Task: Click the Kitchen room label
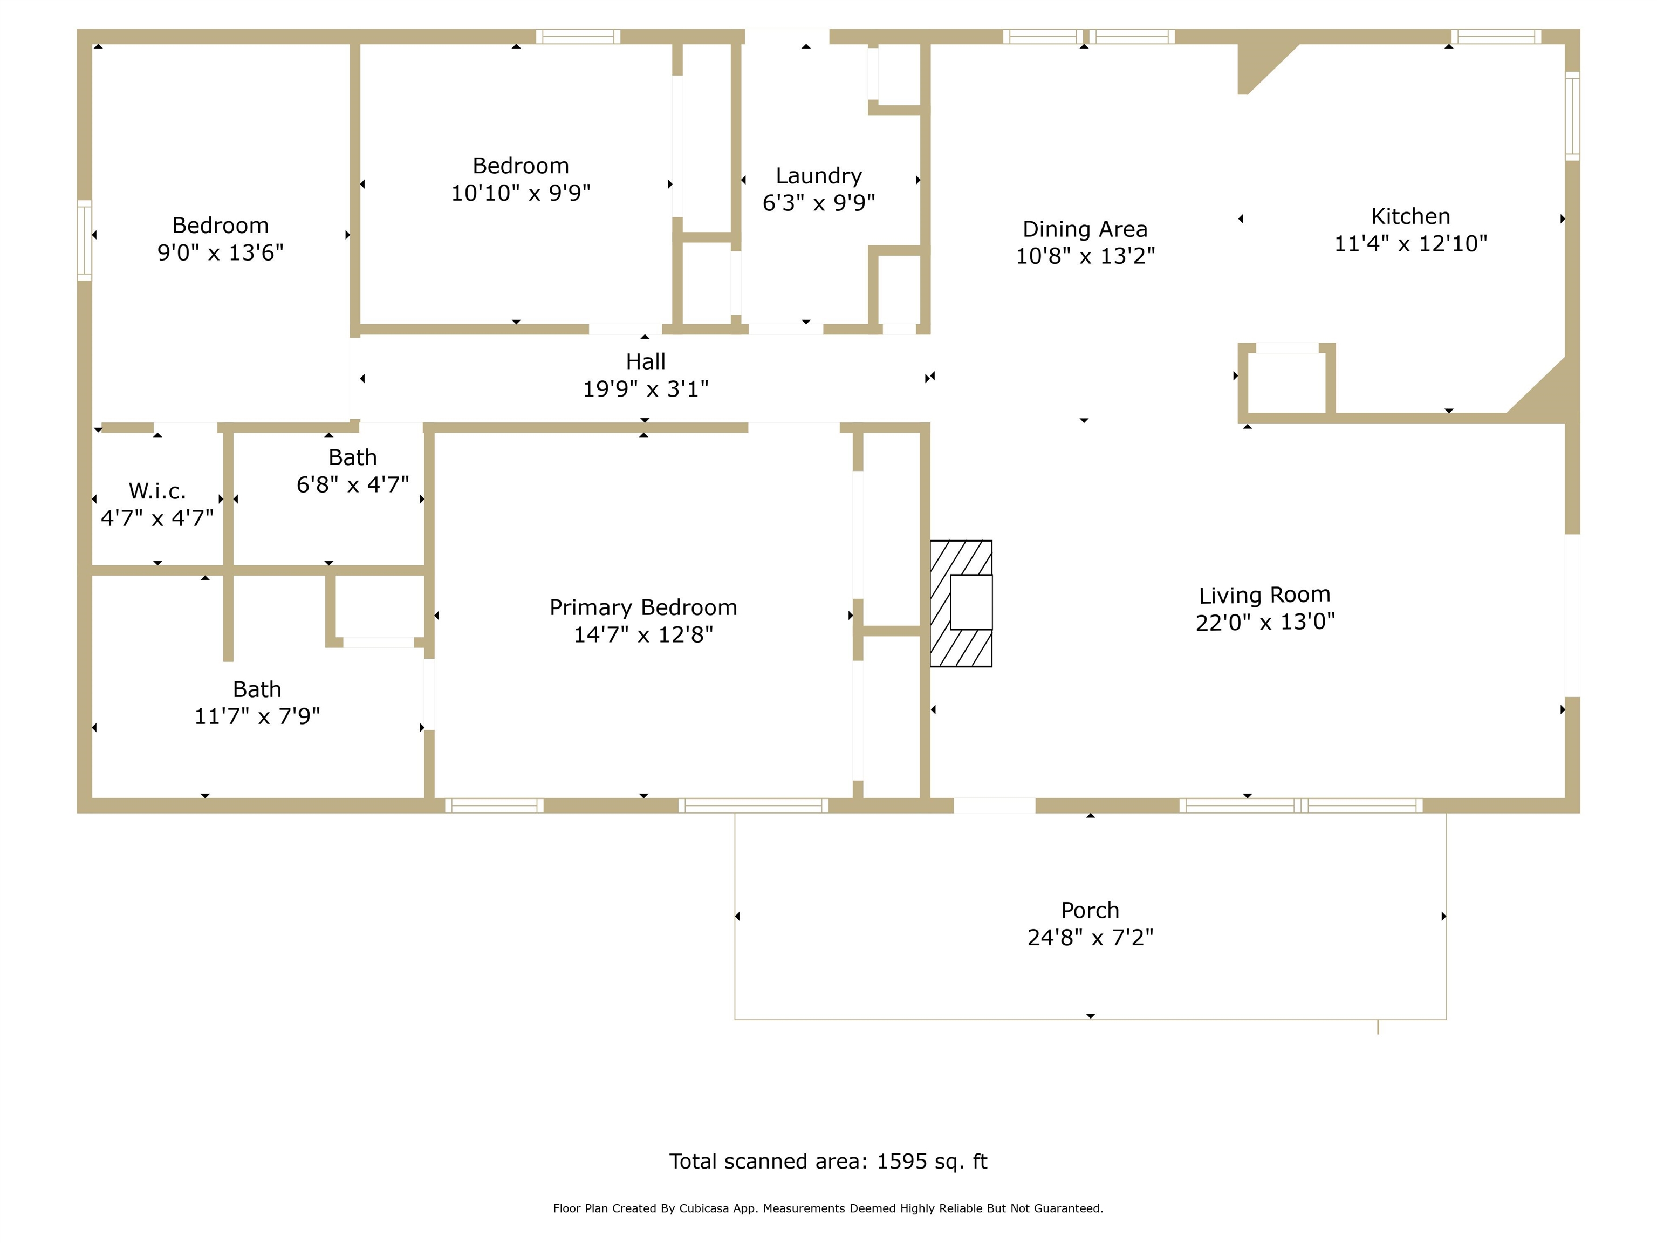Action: (x=1410, y=216)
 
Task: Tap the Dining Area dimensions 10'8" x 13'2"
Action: (x=1085, y=256)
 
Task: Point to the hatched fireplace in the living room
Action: (x=961, y=603)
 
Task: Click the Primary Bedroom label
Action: (x=643, y=607)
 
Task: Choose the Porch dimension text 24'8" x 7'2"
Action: (x=1090, y=937)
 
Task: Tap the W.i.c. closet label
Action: (x=158, y=491)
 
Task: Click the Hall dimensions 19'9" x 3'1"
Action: (x=646, y=389)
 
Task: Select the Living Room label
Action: (x=1264, y=596)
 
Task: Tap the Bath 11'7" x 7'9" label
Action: (x=257, y=703)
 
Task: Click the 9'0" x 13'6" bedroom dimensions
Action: (x=220, y=252)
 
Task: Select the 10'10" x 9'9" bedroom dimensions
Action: (x=521, y=193)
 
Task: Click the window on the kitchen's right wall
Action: (x=1572, y=116)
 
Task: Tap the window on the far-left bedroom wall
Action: (x=85, y=241)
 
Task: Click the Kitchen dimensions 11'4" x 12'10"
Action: (x=1410, y=243)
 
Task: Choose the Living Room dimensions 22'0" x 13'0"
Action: (x=1265, y=623)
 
